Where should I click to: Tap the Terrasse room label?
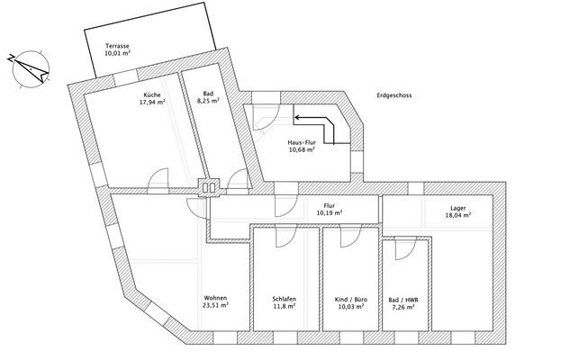[117, 45]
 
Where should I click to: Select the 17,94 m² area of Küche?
[150, 103]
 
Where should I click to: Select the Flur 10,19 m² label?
[330, 210]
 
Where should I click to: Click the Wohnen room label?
[216, 298]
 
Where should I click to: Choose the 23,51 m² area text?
[216, 307]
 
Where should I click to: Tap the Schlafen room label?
[285, 299]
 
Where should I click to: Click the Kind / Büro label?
[350, 299]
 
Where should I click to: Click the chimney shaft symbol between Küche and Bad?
[209, 188]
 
